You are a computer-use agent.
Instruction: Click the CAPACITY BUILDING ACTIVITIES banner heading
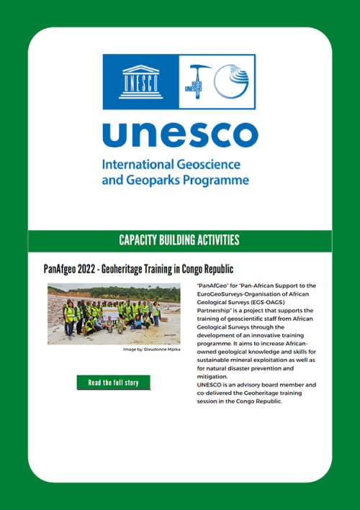179,240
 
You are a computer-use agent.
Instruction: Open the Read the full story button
113,383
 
